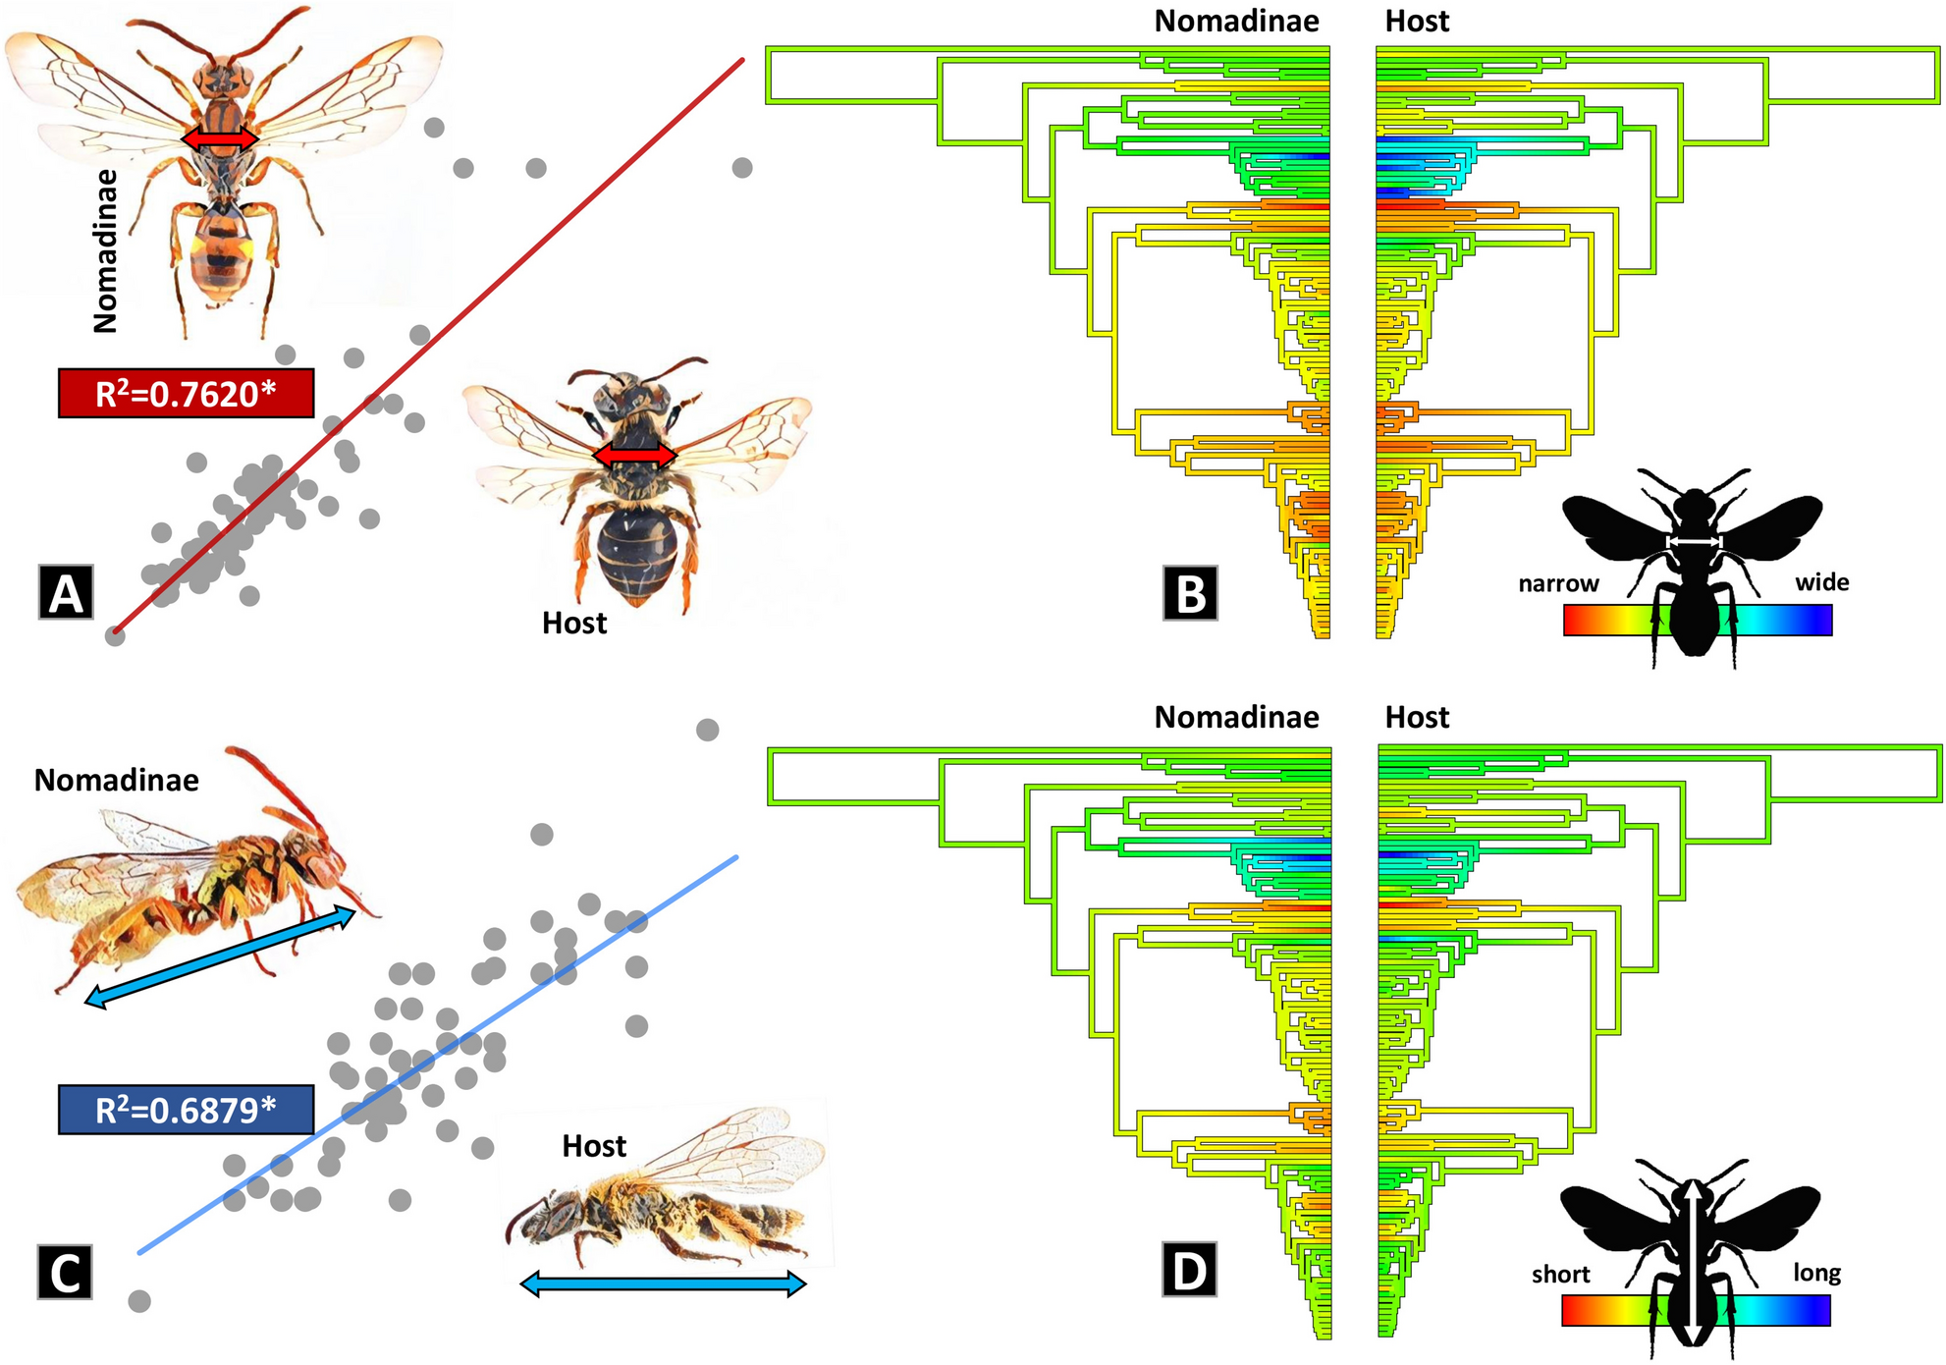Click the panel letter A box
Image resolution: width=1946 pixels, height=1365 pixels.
[x=66, y=592]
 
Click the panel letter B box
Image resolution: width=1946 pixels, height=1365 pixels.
[x=1190, y=593]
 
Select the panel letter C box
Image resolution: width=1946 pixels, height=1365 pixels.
[x=65, y=1273]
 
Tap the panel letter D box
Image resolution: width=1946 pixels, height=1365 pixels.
[x=1189, y=1270]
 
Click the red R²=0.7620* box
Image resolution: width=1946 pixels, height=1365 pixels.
[x=186, y=394]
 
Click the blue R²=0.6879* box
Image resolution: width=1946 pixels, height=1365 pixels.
[x=186, y=1110]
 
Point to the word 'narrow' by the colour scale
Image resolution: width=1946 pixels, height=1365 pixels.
[x=1558, y=583]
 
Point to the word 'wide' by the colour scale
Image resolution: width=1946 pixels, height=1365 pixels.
[x=1822, y=582]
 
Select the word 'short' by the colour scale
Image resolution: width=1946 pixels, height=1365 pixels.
[x=1560, y=1275]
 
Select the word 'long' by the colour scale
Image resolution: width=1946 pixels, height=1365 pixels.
[x=1816, y=1273]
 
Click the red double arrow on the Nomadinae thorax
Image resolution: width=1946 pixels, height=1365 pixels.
[x=220, y=140]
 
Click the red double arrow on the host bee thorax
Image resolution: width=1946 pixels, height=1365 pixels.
[x=635, y=456]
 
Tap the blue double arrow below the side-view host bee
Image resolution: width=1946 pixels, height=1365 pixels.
[x=663, y=1283]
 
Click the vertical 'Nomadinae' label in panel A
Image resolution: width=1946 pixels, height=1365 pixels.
[x=105, y=251]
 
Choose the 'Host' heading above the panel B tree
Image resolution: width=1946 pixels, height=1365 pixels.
[x=1416, y=22]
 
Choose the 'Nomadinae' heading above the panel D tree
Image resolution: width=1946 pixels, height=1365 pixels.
[x=1236, y=718]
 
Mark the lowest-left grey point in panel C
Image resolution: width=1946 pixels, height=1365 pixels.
[x=139, y=1301]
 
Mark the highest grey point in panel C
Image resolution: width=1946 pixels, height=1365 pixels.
[x=707, y=730]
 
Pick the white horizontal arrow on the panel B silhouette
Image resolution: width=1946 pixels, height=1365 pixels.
[x=1695, y=542]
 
